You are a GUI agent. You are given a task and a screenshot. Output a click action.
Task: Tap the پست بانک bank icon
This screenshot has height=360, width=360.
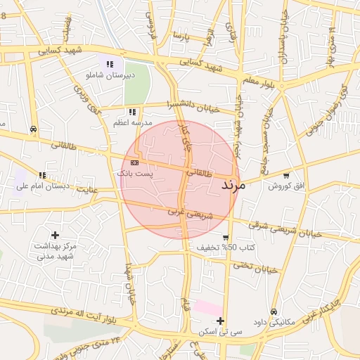(134, 162)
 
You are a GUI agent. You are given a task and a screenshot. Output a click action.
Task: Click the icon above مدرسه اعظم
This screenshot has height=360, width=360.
(132, 112)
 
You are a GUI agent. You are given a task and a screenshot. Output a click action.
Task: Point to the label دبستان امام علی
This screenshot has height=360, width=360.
(45, 186)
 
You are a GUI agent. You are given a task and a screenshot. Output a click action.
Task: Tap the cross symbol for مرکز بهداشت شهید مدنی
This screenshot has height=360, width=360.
(56, 235)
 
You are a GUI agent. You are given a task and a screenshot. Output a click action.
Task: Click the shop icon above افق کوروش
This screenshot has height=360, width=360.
(285, 175)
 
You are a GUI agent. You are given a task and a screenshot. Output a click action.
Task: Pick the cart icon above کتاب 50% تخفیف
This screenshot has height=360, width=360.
(225, 237)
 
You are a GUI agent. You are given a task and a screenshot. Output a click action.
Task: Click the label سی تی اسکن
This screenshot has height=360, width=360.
(220, 331)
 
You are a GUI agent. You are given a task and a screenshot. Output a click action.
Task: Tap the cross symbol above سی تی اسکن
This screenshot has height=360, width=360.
(220, 321)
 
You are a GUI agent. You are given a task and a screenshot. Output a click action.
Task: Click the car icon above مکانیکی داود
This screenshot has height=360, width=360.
(274, 311)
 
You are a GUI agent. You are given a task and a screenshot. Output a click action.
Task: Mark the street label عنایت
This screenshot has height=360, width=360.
(87, 189)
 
